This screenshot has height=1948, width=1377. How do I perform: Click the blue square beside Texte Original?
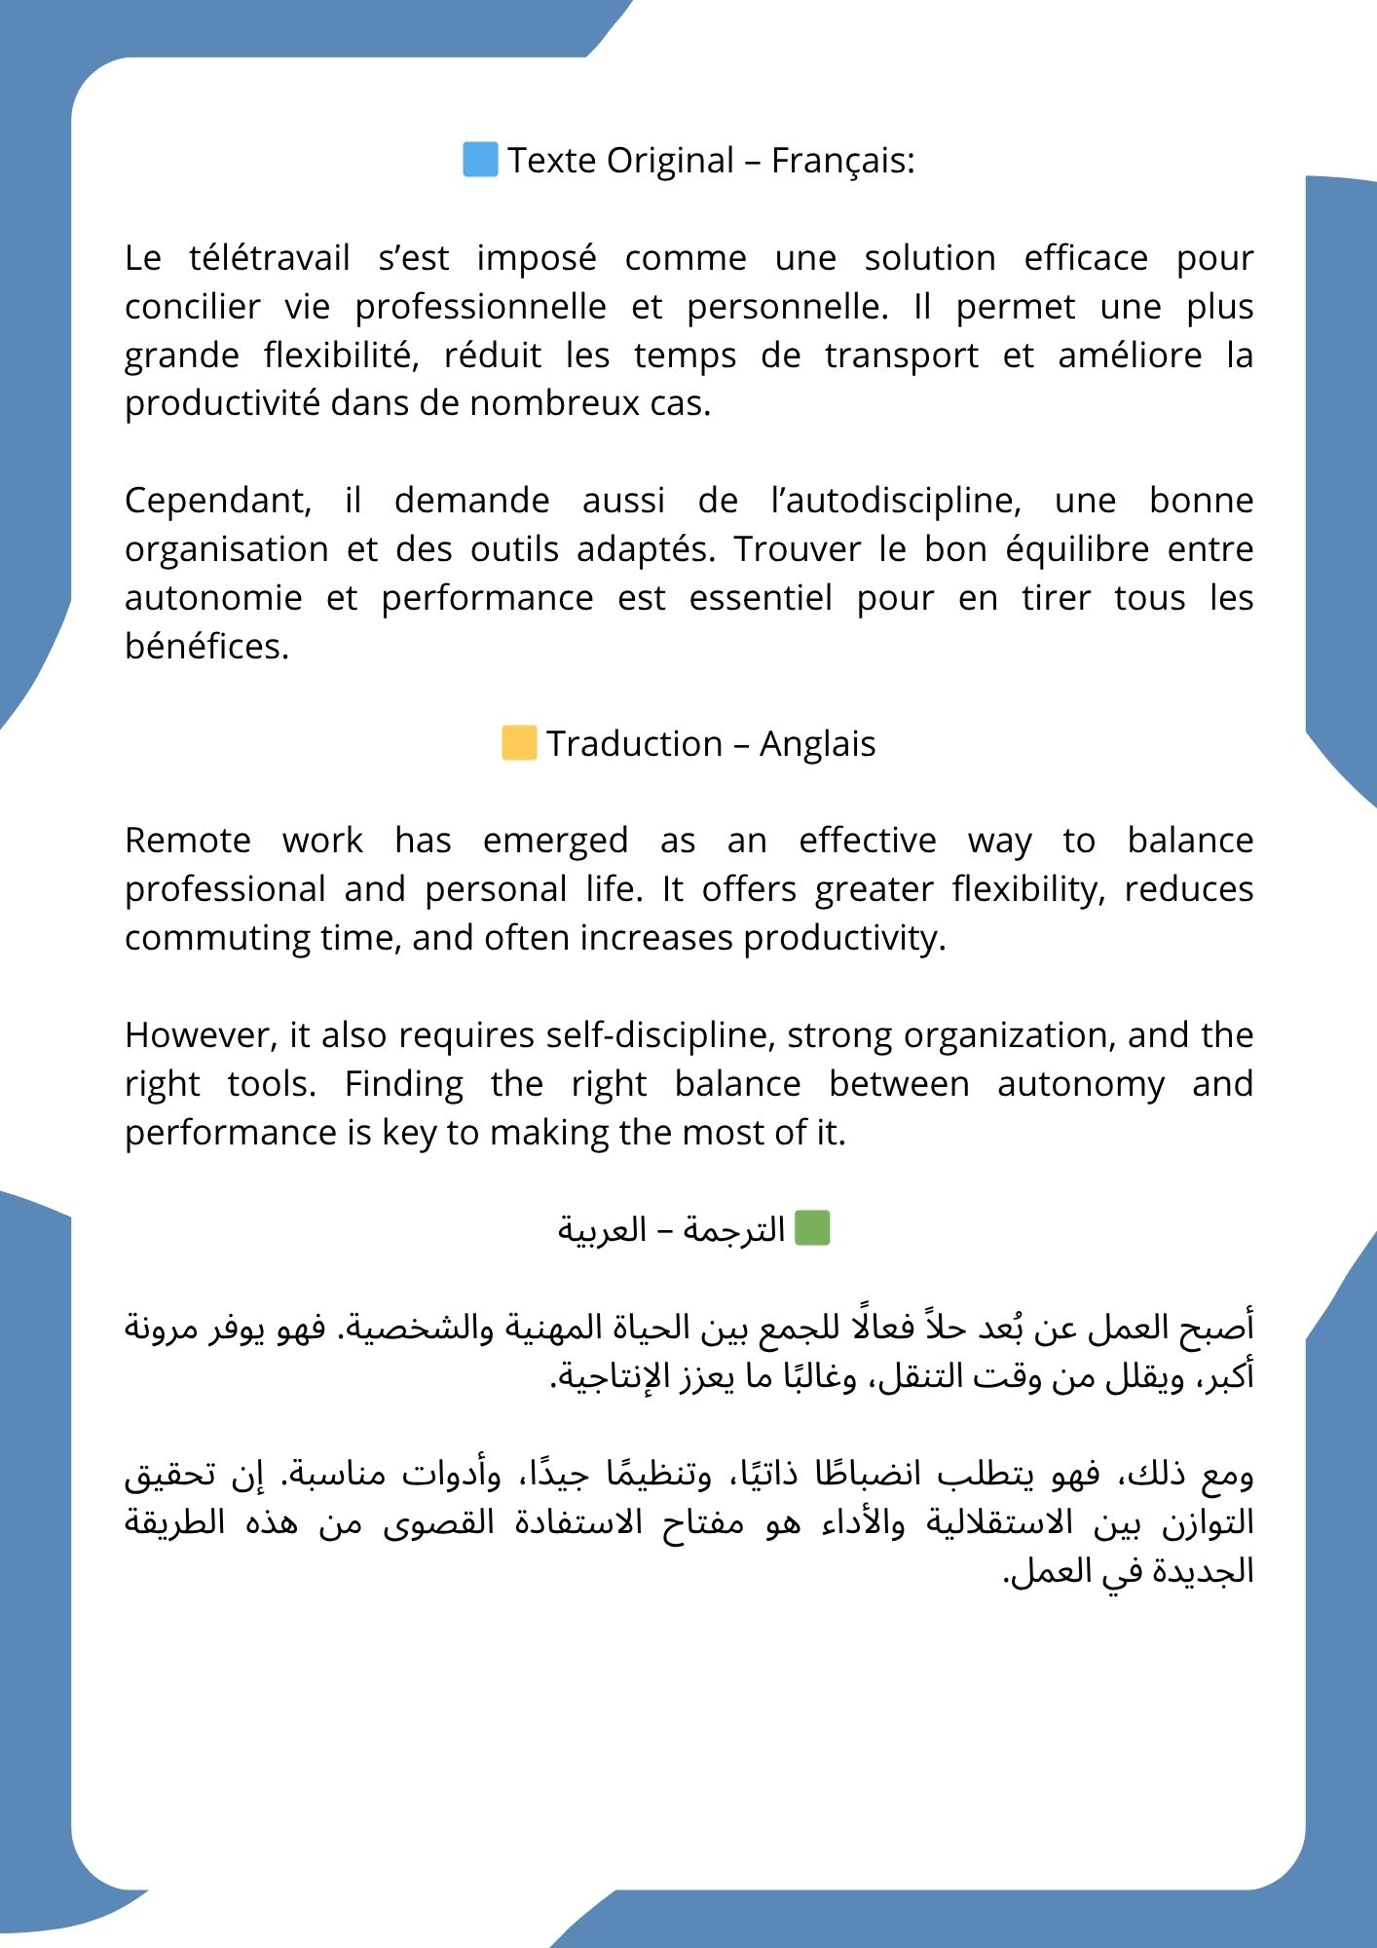click(480, 160)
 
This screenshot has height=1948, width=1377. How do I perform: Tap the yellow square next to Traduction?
click(519, 743)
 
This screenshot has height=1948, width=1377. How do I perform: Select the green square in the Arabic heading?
click(812, 1228)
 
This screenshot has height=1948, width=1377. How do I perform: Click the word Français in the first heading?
click(842, 161)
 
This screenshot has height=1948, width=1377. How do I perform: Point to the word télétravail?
click(269, 258)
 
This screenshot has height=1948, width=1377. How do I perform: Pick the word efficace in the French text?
click(1086, 258)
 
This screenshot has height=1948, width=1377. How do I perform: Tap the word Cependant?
click(218, 501)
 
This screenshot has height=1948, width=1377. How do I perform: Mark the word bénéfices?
click(206, 647)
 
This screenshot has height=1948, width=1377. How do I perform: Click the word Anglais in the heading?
click(817, 744)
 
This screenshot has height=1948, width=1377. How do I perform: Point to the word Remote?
click(188, 841)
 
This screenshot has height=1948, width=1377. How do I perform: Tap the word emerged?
click(555, 841)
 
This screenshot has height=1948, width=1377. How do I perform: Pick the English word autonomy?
click(1081, 1084)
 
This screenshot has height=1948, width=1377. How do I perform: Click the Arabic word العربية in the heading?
click(602, 1230)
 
